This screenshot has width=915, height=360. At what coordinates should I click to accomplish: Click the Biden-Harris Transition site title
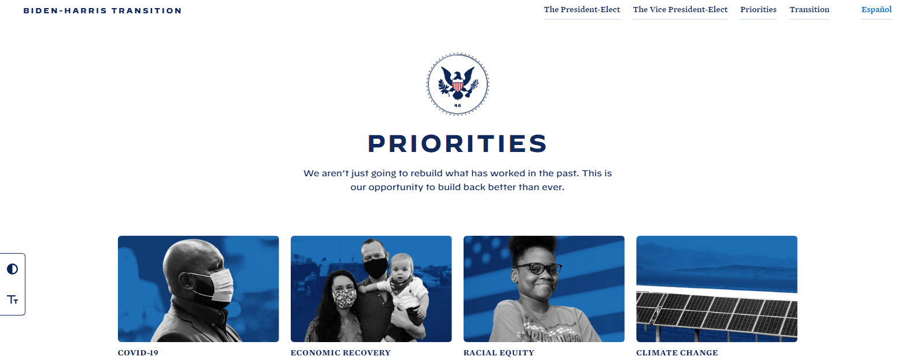[102, 10]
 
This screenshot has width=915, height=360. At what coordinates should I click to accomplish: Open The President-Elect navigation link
[581, 9]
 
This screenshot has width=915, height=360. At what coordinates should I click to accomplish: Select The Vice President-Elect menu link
[680, 9]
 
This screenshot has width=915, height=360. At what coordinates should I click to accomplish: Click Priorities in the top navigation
[758, 9]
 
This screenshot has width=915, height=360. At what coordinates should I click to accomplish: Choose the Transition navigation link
[809, 9]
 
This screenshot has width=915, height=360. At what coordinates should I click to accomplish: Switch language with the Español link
[876, 9]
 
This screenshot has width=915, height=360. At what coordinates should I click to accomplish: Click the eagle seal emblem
[458, 84]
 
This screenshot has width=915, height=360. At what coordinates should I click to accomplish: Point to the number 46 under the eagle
[458, 105]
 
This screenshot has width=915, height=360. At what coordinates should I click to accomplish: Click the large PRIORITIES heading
[457, 144]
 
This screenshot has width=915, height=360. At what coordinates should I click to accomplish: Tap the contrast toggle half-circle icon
[12, 269]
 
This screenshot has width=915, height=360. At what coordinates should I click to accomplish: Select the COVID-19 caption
[138, 352]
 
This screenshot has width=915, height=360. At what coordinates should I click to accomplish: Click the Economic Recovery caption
[340, 352]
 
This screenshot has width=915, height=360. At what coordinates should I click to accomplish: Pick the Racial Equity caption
[499, 352]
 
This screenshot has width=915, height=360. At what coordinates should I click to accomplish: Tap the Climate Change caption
[677, 352]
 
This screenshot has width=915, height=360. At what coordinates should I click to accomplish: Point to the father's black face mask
[375, 268]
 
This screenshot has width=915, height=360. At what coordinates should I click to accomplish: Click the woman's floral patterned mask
[344, 299]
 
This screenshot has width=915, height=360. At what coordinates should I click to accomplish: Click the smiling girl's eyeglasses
[538, 269]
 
